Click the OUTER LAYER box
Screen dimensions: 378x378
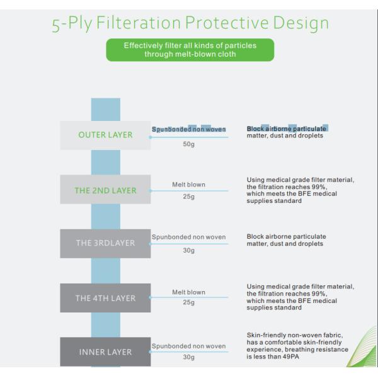105,135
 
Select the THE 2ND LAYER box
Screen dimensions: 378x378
105,190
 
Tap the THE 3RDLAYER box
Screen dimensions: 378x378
105,243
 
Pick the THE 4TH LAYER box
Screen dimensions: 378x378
105,298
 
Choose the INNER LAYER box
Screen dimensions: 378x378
105,352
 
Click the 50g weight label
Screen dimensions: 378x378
189,144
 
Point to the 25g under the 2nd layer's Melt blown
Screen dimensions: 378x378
189,197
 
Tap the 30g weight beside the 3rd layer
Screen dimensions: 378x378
189,251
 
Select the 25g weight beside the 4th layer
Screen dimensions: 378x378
189,302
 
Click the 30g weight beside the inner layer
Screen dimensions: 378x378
189,357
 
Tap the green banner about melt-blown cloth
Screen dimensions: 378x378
190,50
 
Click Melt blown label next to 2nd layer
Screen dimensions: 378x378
189,185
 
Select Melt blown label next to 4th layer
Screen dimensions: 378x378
189,292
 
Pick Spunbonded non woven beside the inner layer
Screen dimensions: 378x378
189,346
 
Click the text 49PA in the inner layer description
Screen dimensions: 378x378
290,357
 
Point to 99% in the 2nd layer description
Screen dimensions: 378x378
319,187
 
